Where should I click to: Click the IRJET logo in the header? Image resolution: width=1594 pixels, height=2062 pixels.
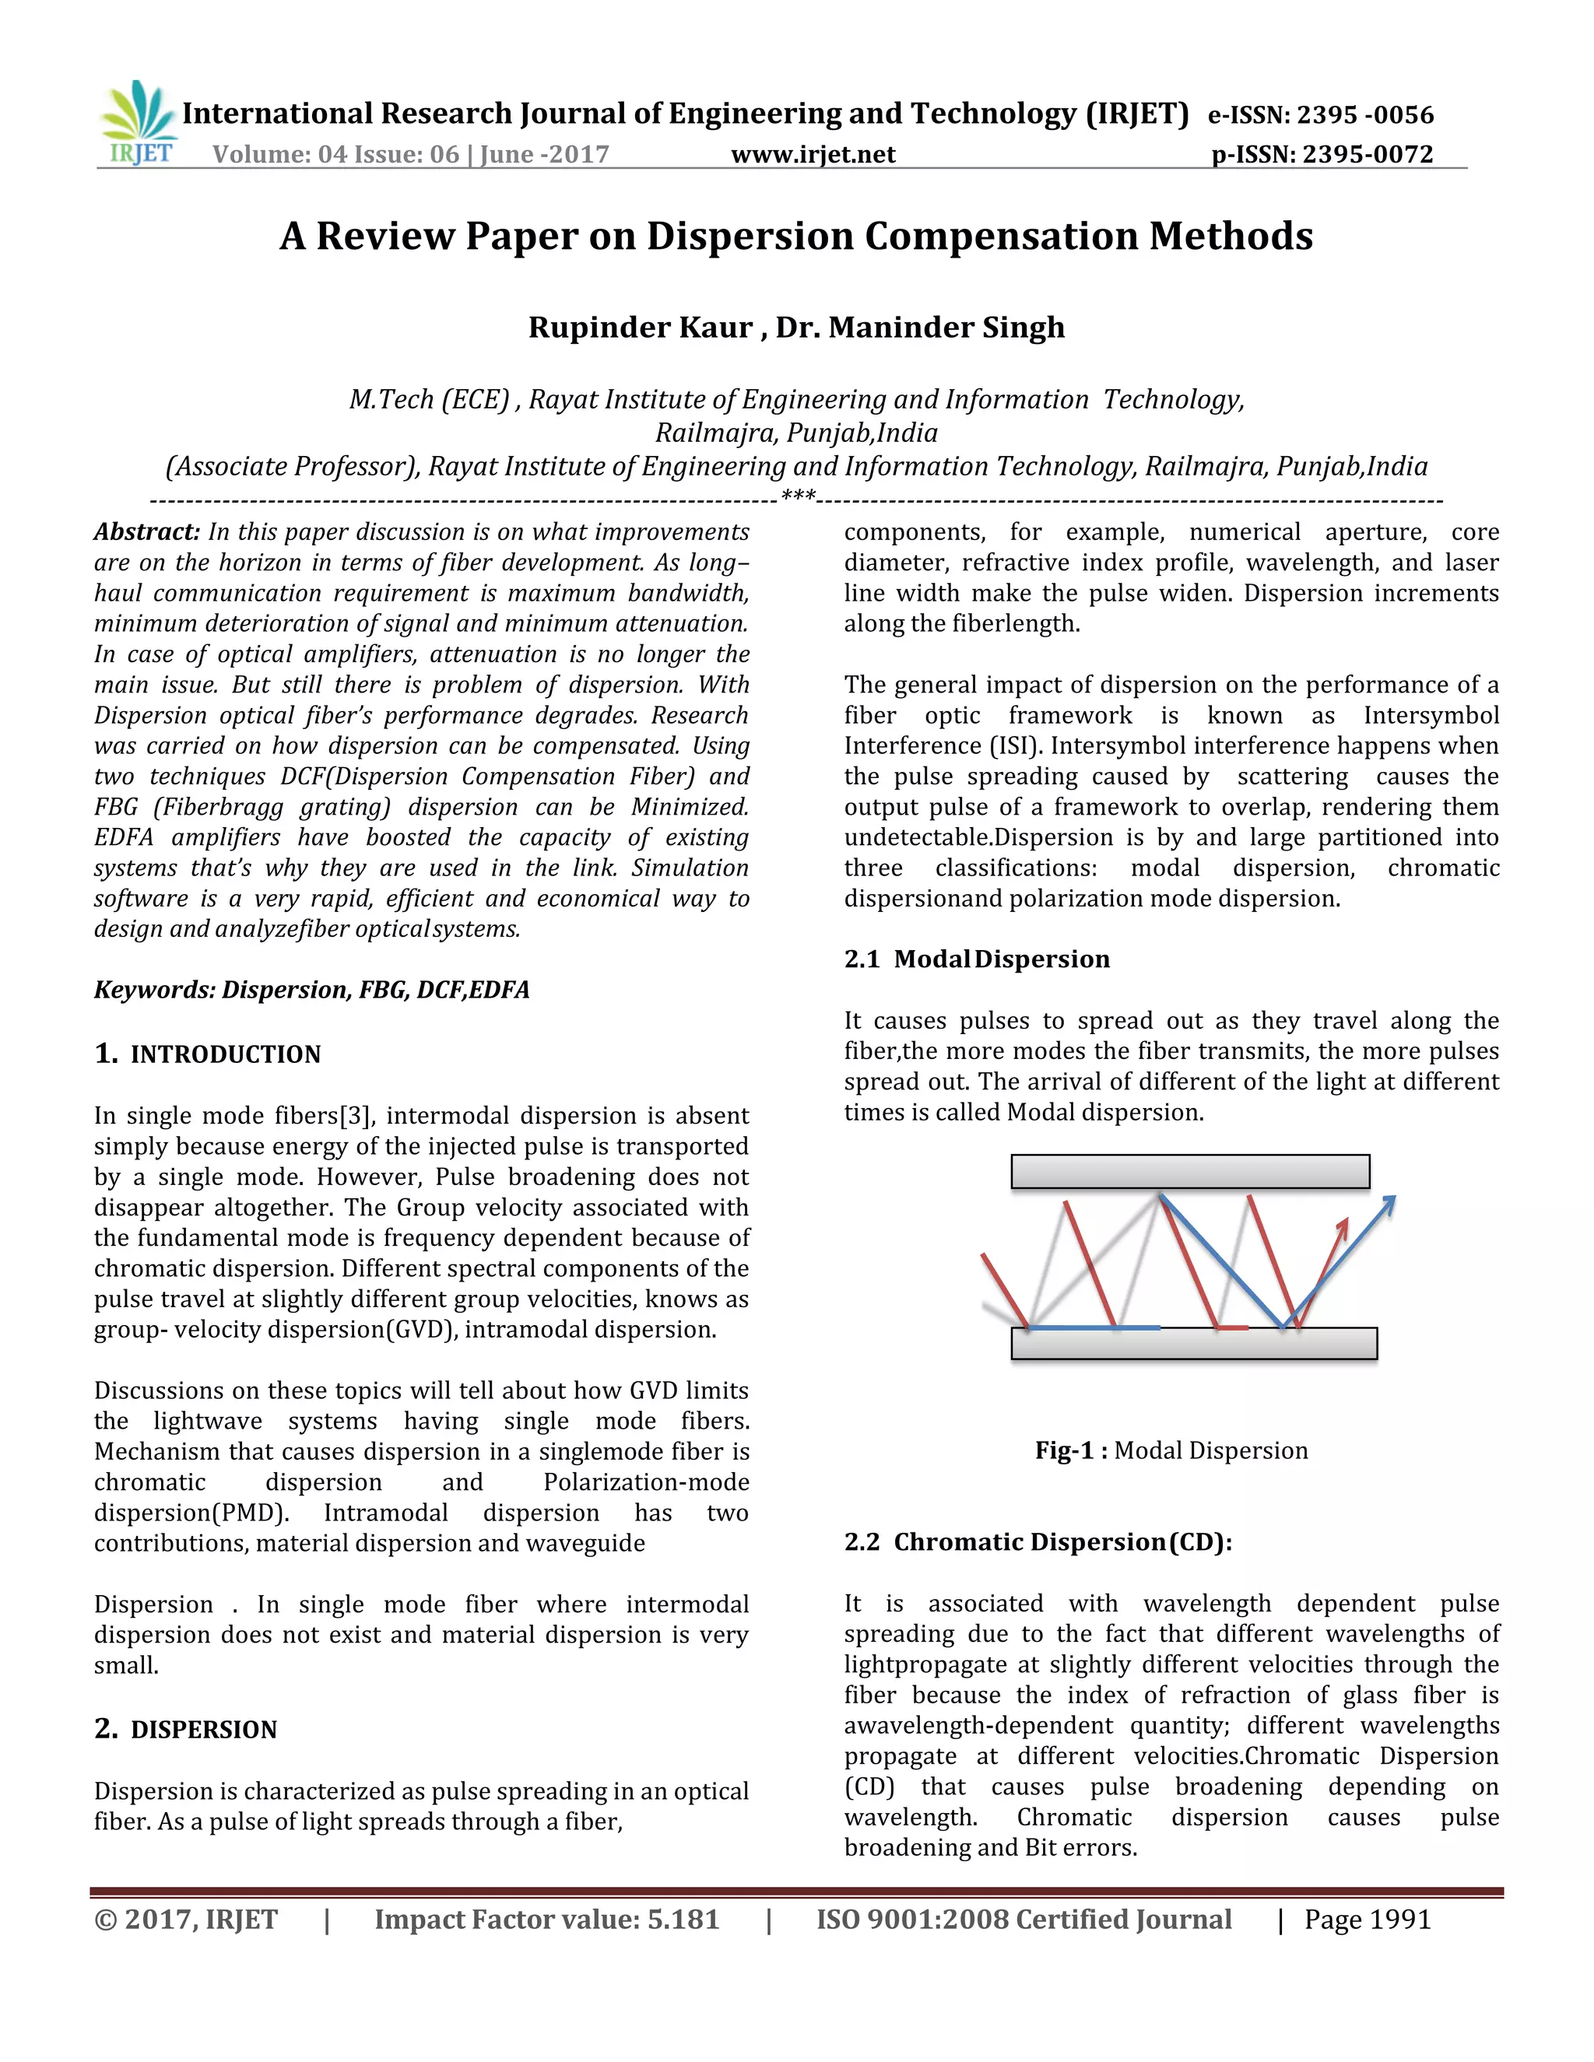coord(138,124)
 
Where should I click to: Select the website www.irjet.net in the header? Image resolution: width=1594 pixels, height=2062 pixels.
coord(813,154)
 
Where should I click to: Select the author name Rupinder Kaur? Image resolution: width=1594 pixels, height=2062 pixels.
coord(639,327)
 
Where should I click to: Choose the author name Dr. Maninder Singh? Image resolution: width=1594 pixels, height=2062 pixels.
coord(920,327)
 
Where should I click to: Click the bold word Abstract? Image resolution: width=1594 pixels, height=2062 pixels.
coord(146,531)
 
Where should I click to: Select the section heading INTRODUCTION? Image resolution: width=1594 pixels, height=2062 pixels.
coord(225,1054)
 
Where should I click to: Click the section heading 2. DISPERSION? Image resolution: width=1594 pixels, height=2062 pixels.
coord(186,1730)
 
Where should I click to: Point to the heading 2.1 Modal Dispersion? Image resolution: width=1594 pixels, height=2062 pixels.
coord(977,959)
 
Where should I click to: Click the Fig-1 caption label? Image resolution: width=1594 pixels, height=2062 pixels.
coord(1070,1450)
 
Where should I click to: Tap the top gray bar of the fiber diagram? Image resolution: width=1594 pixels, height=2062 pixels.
coord(1190,1171)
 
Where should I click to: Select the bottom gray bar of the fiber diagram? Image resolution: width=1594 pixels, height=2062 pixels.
coord(1194,1344)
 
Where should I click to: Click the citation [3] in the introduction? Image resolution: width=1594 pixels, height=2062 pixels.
coord(358,1116)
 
